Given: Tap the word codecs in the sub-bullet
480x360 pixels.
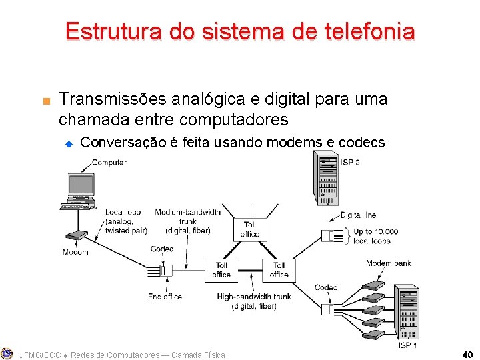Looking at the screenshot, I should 362,142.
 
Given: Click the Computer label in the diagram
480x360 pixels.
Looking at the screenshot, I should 109,163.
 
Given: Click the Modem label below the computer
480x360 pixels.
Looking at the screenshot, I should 75,252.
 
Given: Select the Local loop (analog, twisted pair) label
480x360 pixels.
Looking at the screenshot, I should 126,221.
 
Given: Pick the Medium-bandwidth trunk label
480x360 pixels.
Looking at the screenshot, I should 187,221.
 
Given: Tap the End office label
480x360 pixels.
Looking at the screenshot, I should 165,297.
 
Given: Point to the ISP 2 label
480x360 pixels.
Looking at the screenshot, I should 351,162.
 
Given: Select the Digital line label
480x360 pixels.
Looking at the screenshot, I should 358,215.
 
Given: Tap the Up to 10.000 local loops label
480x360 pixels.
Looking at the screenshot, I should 375,236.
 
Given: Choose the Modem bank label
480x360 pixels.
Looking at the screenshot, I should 389,263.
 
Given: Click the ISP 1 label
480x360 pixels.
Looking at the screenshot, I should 408,345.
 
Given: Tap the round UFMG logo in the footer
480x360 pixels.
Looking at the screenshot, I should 7,354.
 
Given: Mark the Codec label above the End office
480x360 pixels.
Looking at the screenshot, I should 162,249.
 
